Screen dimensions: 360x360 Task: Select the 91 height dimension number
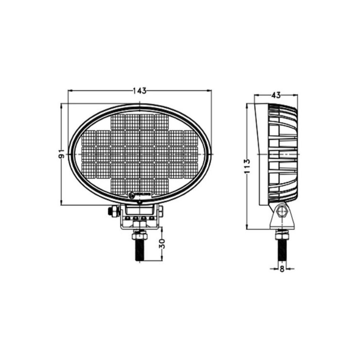point(62,154)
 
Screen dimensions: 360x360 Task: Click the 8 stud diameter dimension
point(282,269)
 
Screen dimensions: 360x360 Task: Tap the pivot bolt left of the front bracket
point(112,212)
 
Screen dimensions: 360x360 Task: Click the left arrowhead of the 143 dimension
point(69,90)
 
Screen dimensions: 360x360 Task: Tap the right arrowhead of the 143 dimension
point(210,90)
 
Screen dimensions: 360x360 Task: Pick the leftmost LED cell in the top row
point(118,121)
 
